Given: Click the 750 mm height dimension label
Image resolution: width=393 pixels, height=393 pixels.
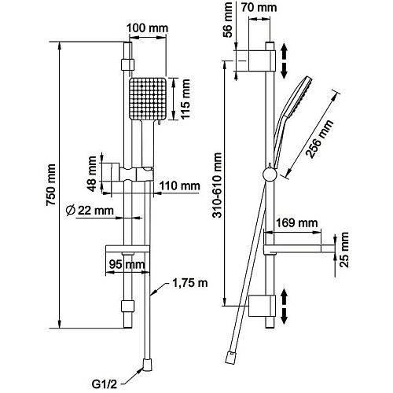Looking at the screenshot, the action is [x=51, y=185].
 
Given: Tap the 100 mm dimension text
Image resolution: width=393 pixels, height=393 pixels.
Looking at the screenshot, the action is [x=148, y=28].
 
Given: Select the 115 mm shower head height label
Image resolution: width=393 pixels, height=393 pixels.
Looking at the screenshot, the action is [x=185, y=99].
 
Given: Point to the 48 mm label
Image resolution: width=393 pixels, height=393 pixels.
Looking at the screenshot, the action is [x=93, y=174].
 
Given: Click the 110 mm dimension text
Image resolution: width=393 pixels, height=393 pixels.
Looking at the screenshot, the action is [x=180, y=186].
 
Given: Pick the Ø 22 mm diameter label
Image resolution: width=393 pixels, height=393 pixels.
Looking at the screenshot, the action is [x=90, y=211].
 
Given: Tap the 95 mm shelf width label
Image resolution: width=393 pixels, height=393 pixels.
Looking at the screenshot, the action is [x=127, y=264].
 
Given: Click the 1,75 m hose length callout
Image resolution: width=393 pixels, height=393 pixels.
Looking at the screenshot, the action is [x=190, y=283].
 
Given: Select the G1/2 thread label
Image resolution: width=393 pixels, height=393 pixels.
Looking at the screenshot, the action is [x=104, y=384].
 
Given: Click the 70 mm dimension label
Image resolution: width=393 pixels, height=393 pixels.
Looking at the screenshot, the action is [x=259, y=8].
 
